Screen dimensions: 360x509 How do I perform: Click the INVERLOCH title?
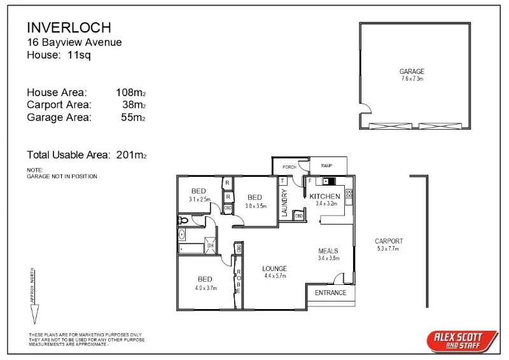(x=69, y=27)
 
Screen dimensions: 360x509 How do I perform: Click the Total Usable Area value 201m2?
(x=132, y=155)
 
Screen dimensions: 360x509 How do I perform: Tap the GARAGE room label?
(x=412, y=71)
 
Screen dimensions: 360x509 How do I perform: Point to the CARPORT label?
(x=389, y=241)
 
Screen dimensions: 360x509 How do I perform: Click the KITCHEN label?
(x=324, y=197)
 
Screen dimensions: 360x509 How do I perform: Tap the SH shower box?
(x=209, y=246)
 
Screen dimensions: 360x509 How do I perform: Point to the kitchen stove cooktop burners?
(x=349, y=193)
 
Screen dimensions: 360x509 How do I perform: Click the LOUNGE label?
(x=274, y=268)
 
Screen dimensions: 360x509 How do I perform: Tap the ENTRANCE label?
(x=331, y=293)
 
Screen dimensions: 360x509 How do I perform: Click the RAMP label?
(x=326, y=166)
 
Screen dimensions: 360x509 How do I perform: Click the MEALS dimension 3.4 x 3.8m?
(x=329, y=258)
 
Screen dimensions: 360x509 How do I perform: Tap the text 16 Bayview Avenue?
(x=74, y=42)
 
